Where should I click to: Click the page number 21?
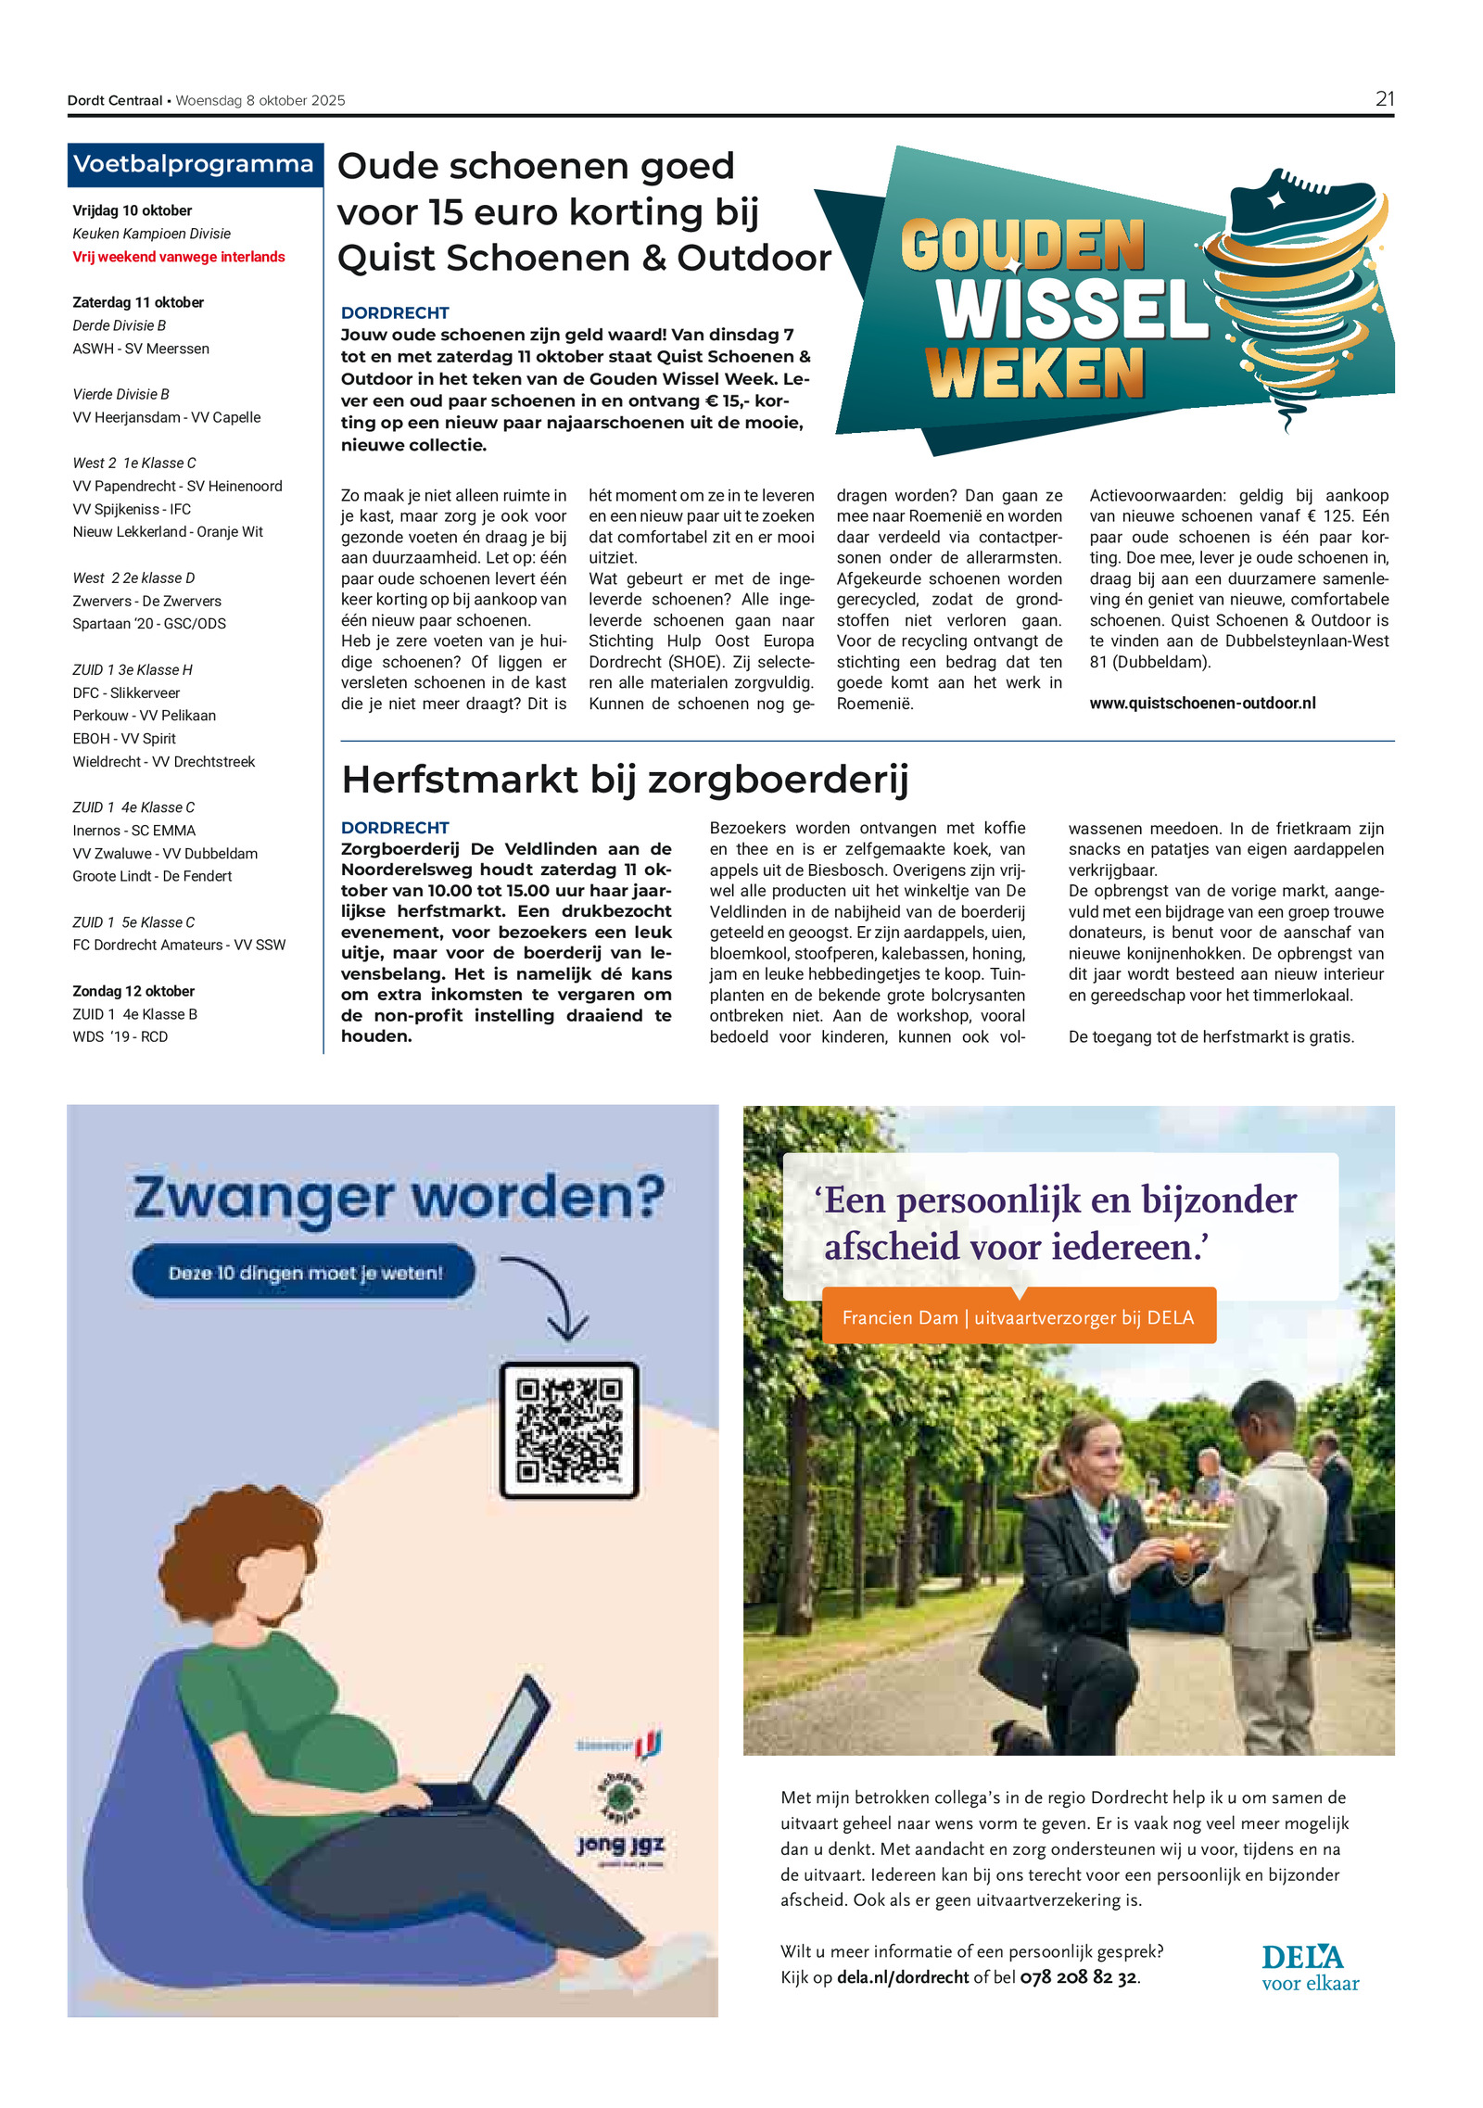[x=1384, y=99]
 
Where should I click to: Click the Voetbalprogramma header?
[x=194, y=164]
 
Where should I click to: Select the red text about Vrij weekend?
[x=179, y=257]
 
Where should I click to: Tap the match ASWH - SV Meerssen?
[x=141, y=349]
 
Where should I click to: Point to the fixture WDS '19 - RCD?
[x=120, y=1036]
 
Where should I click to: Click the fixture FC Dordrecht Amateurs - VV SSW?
[x=179, y=945]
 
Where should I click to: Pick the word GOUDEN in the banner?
[x=1022, y=245]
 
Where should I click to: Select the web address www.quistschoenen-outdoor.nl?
[x=1202, y=704]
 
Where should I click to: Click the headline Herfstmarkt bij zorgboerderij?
[x=625, y=780]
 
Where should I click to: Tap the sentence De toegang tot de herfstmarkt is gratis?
[x=1210, y=1036]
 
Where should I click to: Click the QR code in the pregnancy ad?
[x=568, y=1429]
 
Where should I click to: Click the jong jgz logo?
[x=620, y=1844]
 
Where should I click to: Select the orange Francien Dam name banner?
[x=1018, y=1316]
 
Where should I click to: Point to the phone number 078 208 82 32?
[x=1078, y=1977]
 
